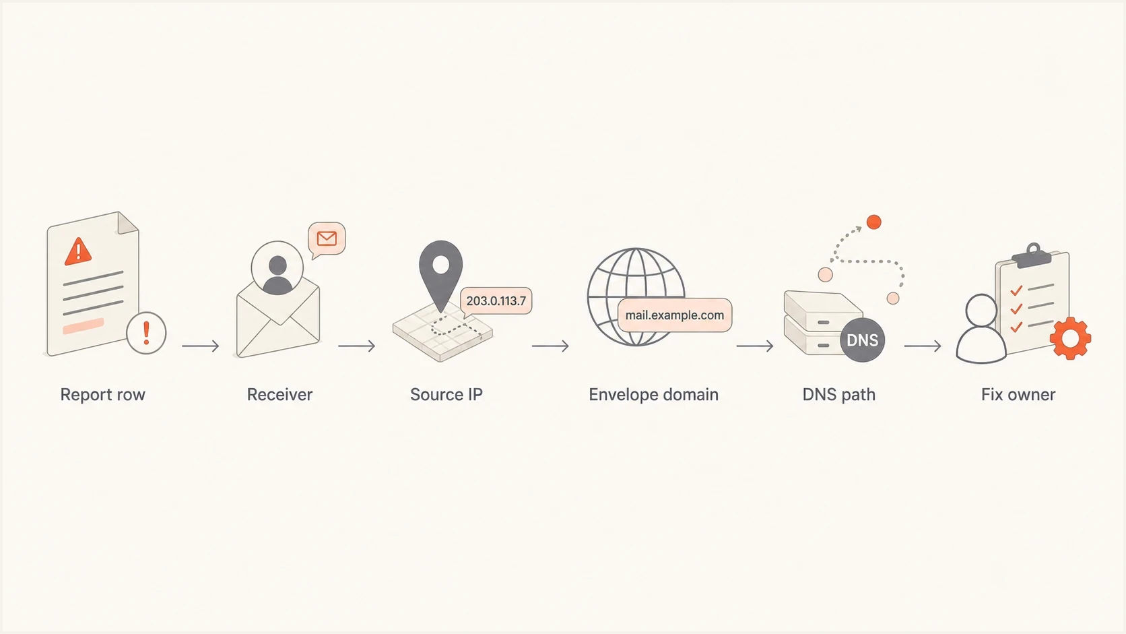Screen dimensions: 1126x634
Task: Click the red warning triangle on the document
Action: (78, 251)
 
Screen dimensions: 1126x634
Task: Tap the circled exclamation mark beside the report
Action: (146, 333)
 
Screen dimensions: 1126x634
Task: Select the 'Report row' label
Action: (102, 395)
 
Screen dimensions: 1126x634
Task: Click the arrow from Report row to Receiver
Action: (201, 346)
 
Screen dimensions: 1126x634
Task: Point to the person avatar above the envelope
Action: (277, 268)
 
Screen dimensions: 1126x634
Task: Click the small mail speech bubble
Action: (327, 239)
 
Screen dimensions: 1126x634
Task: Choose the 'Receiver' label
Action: (279, 395)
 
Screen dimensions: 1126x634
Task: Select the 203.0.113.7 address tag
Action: (496, 300)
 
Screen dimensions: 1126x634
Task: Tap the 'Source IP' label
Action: (446, 395)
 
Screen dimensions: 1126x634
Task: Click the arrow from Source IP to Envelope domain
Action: (550, 346)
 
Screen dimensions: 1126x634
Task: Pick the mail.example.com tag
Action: (675, 315)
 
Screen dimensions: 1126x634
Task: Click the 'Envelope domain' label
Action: (653, 395)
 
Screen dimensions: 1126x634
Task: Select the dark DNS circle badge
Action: (862, 340)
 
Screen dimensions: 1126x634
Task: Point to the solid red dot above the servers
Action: (874, 222)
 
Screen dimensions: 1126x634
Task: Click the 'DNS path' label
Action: (839, 395)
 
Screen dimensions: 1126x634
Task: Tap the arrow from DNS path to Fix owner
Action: (923, 346)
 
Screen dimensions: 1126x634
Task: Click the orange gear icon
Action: (1071, 338)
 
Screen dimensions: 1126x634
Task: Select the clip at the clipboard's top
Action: (1032, 256)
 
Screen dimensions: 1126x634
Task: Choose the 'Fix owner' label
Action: (1018, 395)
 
